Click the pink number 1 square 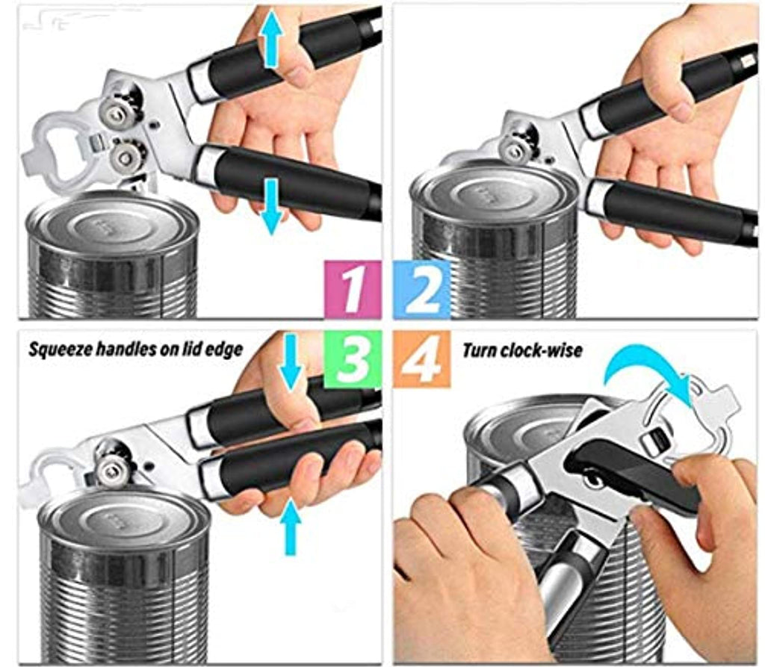click(x=353, y=290)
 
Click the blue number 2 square click(x=421, y=290)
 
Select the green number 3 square click(x=353, y=359)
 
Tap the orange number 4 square click(x=422, y=359)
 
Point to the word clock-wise click(x=545, y=350)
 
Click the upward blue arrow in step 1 click(x=271, y=39)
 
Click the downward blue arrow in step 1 click(x=272, y=205)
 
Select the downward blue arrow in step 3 click(x=291, y=361)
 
